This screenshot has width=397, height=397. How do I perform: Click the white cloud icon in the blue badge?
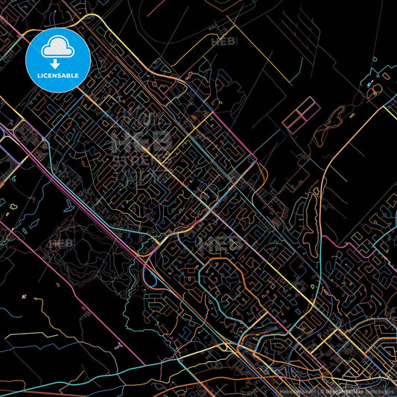click(x=57, y=48)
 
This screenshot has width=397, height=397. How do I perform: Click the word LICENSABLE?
click(x=57, y=75)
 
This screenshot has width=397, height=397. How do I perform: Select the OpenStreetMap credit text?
click(x=348, y=390)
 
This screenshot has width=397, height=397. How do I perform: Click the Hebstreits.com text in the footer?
click(x=299, y=390)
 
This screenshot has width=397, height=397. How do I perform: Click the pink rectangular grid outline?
click(x=300, y=117)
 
